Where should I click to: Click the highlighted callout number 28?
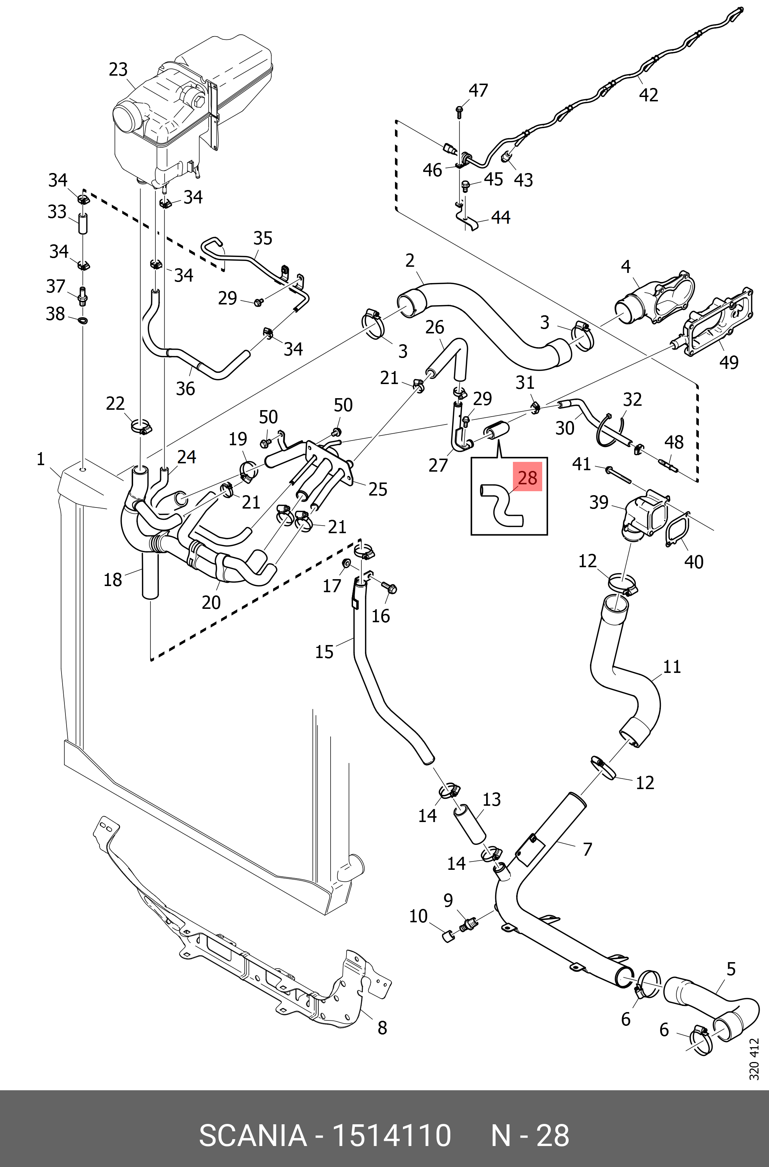point(527,477)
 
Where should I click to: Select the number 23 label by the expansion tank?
point(118,70)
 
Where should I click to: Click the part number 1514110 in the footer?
point(391,1135)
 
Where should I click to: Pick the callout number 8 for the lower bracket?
point(382,1028)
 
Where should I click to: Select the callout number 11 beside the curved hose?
point(672,666)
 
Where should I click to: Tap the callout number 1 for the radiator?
point(41,459)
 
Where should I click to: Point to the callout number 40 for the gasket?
point(693,561)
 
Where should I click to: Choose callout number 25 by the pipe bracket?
point(378,489)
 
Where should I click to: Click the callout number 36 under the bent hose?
point(186,389)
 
